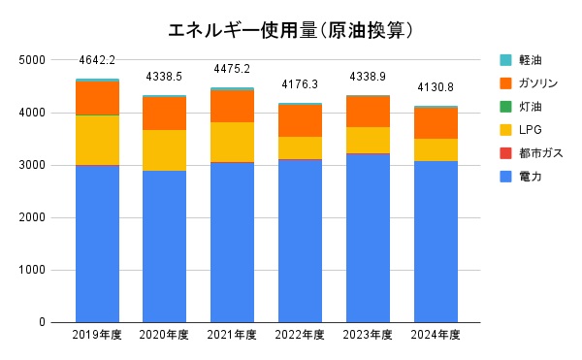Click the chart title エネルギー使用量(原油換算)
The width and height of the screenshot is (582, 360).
(x=279, y=30)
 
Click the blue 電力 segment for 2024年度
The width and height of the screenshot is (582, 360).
(x=436, y=242)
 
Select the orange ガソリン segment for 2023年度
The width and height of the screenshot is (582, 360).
(x=368, y=112)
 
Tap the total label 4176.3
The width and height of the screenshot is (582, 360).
(x=300, y=84)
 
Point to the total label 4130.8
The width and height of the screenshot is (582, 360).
(x=436, y=87)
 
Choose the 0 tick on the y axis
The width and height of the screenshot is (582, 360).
(x=43, y=322)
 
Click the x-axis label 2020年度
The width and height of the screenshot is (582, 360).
(x=164, y=336)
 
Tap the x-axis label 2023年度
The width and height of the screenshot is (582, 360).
(x=368, y=336)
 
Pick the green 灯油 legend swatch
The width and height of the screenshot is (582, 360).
(x=505, y=106)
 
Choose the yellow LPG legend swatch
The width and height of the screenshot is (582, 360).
(x=505, y=129)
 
